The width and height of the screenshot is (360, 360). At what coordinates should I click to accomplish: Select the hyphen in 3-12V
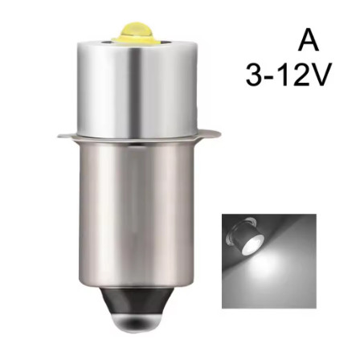271,77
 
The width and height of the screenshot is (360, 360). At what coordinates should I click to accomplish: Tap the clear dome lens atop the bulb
135,31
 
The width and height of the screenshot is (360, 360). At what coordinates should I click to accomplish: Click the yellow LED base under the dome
136,39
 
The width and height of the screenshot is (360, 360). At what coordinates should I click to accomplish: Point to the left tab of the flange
66,135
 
